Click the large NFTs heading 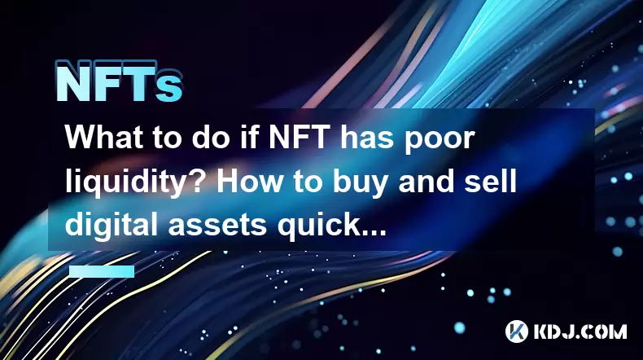(119, 81)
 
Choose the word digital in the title (112, 226)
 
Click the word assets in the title (218, 226)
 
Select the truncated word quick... (332, 226)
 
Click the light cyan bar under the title (102, 271)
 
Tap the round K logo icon (516, 331)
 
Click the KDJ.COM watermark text (580, 331)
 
